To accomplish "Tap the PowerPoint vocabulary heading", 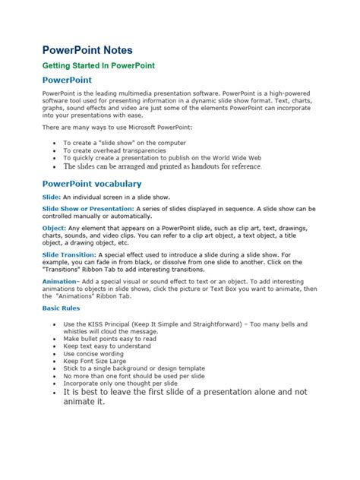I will pos(91,184).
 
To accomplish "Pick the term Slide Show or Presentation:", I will pos(88,208).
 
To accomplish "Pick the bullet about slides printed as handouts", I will pos(163,166).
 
